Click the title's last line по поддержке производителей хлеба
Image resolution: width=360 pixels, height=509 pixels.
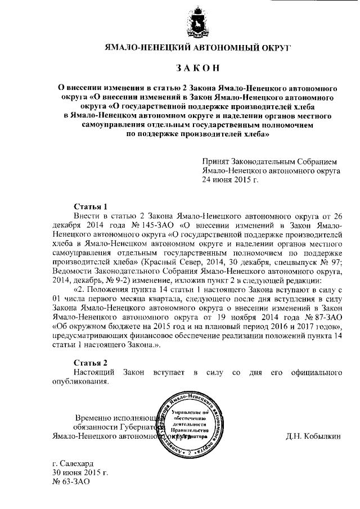tap(198, 135)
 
